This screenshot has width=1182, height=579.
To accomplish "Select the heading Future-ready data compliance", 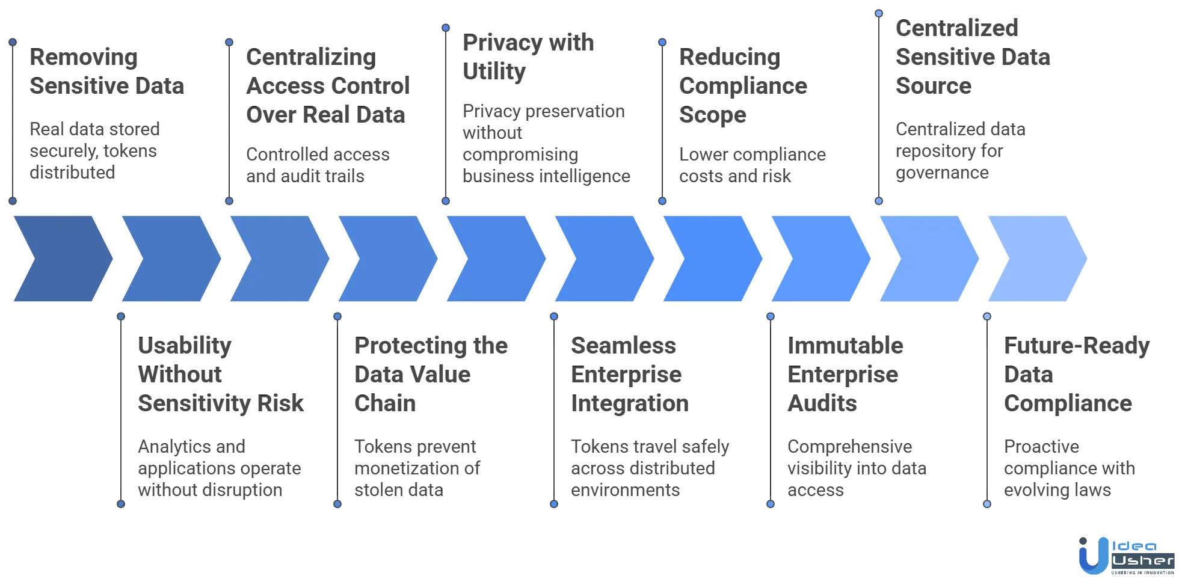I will (x=1074, y=374).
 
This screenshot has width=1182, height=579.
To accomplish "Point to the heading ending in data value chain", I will (x=429, y=374).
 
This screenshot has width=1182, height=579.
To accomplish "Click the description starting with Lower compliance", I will (x=752, y=165).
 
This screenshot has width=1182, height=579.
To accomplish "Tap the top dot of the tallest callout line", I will (x=879, y=13).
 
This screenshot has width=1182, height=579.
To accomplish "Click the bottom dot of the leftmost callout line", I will (x=12, y=201).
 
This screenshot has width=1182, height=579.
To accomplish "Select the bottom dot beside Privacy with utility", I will (x=445, y=201).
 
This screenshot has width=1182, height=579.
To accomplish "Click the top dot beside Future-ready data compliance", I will (x=987, y=316).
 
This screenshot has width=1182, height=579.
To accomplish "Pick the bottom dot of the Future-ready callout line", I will (x=987, y=504).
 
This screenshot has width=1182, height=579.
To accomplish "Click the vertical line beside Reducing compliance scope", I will (x=662, y=120).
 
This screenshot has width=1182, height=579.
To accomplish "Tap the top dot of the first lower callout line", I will (x=120, y=316).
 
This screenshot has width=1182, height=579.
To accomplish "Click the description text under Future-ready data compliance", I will (x=1068, y=469).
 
